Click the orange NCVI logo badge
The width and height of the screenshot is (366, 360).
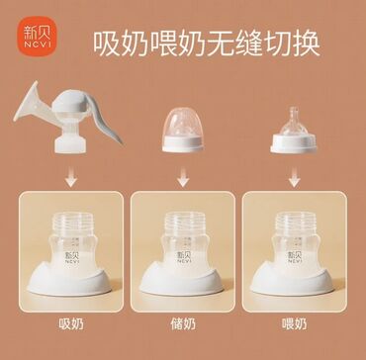pos(37,37)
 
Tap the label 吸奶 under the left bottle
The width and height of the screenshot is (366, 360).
pos(71,324)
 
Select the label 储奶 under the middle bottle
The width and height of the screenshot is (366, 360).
pos(183,324)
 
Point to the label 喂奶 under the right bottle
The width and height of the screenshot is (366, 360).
pos(294,324)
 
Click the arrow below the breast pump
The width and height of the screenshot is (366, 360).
pos(71,177)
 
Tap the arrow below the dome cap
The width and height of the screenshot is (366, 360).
pos(183,177)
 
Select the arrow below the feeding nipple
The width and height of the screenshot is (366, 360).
pos(294,177)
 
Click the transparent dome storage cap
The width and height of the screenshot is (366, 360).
pos(183,122)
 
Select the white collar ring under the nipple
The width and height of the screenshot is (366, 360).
pos(294,143)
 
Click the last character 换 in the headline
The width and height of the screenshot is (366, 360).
pos(307,44)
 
